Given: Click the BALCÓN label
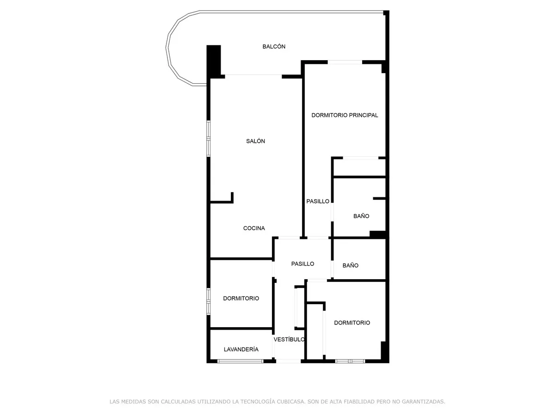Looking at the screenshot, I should click(x=274, y=47).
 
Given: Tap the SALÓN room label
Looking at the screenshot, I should click(x=255, y=141).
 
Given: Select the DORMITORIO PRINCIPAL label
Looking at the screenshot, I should click(x=345, y=116).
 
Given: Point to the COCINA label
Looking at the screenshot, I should click(x=254, y=228).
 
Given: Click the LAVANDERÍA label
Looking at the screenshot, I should click(x=241, y=350).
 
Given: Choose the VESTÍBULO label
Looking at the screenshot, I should click(x=289, y=340).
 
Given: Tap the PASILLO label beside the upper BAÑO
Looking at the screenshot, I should click(x=318, y=202).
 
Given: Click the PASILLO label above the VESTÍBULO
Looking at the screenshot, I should click(x=302, y=264).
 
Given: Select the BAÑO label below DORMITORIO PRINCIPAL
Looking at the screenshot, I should click(x=361, y=216).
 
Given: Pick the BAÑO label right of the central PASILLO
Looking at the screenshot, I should click(x=351, y=266).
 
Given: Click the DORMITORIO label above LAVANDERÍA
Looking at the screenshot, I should click(x=241, y=299).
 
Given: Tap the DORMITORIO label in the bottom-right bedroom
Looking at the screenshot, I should click(x=352, y=323).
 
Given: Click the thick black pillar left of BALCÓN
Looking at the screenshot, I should click(x=214, y=60).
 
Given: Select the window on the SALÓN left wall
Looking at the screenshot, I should click(x=209, y=138).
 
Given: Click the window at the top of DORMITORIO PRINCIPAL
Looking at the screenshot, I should click(x=345, y=62).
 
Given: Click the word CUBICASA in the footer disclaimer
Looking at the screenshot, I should click(x=290, y=402).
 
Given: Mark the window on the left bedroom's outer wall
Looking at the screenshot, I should click(x=209, y=301).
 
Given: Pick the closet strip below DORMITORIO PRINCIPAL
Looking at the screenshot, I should click(x=359, y=167).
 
